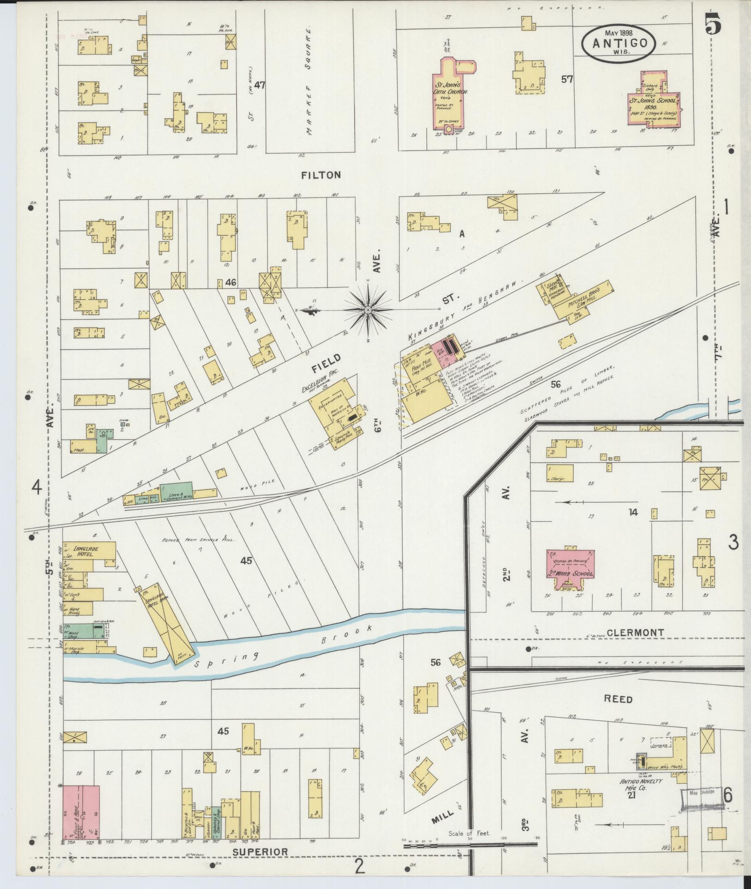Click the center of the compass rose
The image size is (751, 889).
[368, 310]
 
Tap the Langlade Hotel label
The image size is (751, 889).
[84, 552]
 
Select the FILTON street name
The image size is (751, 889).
[321, 175]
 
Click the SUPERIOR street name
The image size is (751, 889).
[260, 852]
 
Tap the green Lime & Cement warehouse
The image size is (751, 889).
[177, 491]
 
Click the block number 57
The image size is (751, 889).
[566, 79]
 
